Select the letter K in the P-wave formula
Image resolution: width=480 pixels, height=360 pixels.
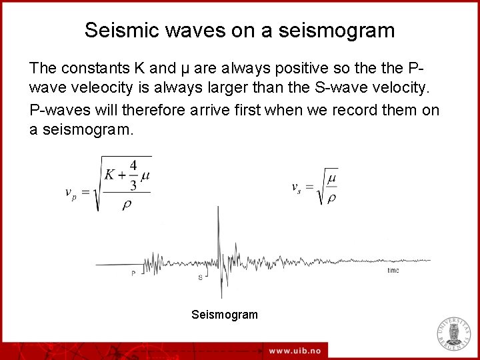click(x=110, y=175)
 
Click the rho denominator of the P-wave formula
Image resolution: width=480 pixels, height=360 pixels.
click(x=126, y=205)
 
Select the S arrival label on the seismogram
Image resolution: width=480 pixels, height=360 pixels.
click(x=201, y=277)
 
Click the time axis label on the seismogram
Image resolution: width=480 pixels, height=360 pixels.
click(x=393, y=271)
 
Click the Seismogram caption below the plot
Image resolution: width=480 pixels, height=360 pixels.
click(x=224, y=315)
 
